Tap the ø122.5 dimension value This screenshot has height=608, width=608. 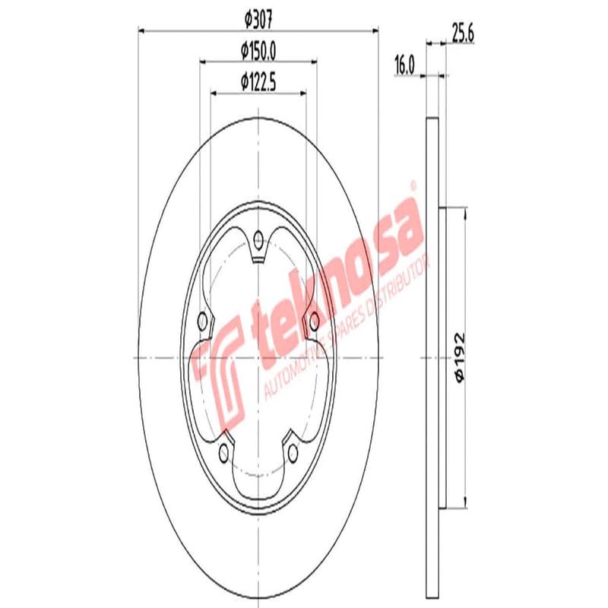pos(258,79)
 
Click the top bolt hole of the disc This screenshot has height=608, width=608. pos(258,242)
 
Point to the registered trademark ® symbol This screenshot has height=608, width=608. pos(413,185)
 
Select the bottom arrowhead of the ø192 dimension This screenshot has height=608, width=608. pos(465,505)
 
